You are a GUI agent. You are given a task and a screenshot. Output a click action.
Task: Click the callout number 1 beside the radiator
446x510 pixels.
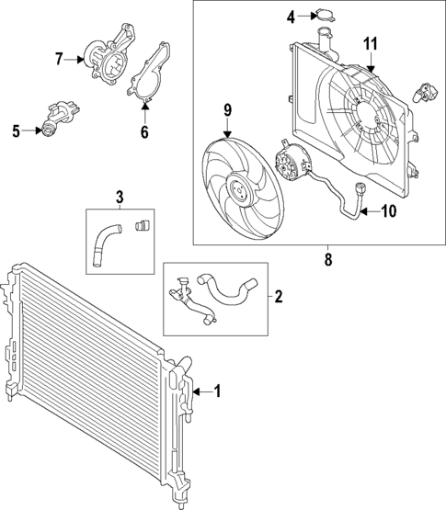point(218,391)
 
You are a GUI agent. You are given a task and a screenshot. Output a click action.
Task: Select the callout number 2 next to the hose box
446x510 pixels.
point(279,297)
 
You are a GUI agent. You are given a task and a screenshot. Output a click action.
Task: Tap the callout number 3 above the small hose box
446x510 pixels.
point(120,196)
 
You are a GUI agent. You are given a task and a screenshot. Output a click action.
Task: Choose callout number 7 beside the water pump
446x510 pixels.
point(59,59)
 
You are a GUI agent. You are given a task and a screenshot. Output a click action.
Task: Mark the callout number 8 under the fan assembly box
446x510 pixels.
point(328,260)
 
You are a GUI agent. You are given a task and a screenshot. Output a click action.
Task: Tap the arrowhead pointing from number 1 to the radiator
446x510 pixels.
point(198,391)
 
